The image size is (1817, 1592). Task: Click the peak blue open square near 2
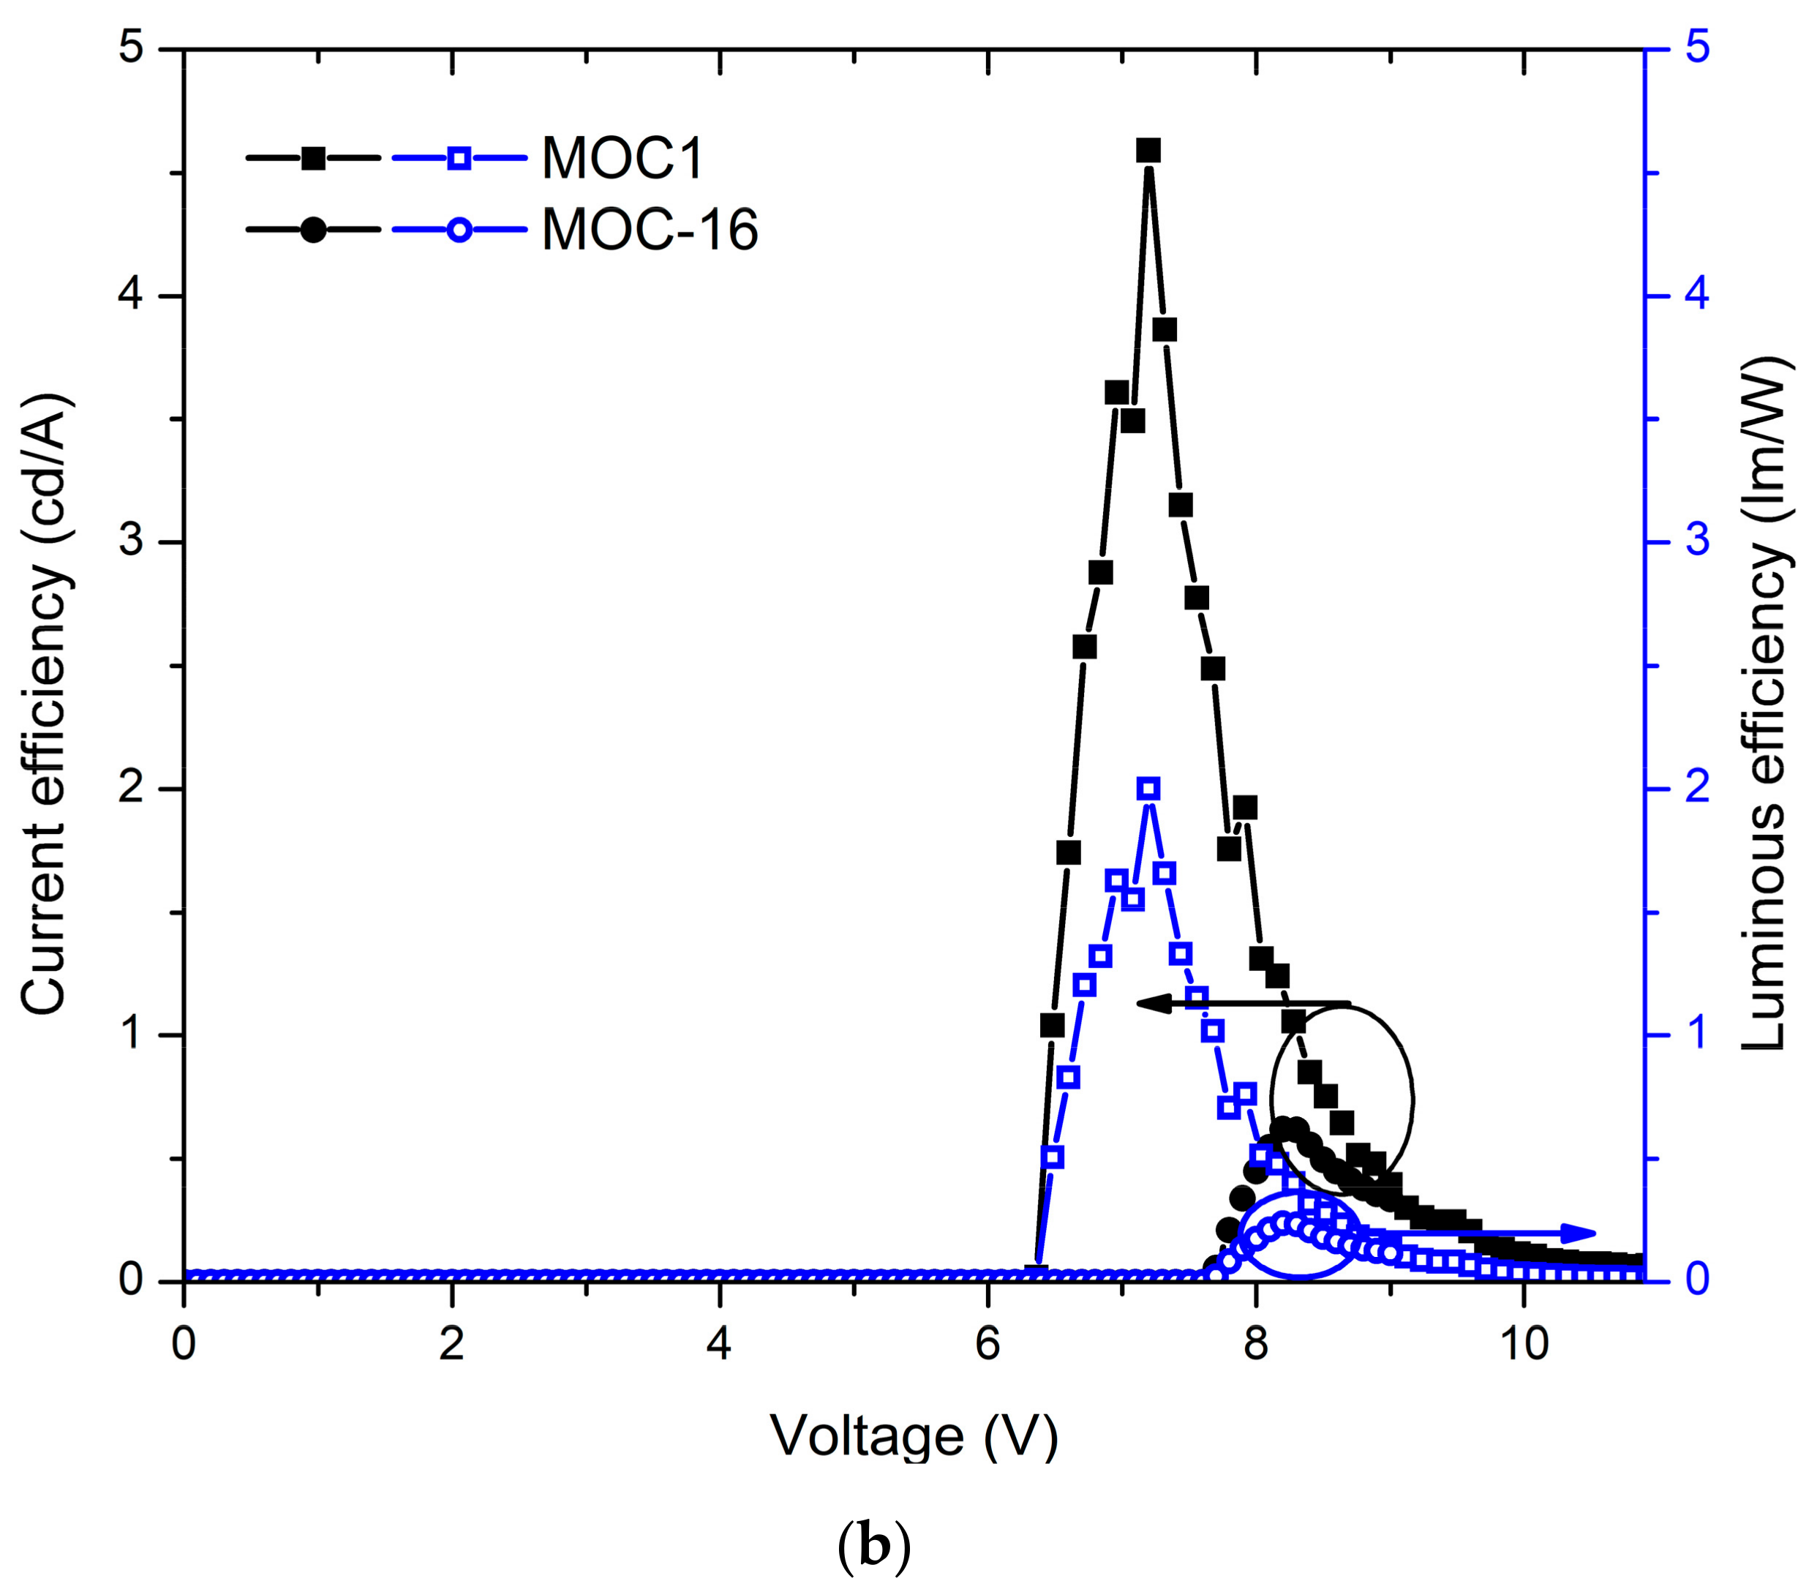[x=1148, y=788]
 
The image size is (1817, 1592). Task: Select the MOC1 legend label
[x=622, y=159]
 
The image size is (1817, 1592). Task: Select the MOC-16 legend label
[x=649, y=230]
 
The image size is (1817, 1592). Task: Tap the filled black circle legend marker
[x=312, y=229]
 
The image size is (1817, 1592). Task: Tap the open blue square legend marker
[x=458, y=158]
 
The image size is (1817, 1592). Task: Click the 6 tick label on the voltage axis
[x=987, y=1344]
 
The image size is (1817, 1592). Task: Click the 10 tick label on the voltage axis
[x=1524, y=1344]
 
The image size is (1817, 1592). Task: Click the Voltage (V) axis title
[x=914, y=1437]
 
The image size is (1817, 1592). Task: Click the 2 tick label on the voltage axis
[x=451, y=1344]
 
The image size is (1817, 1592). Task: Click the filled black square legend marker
[x=312, y=158]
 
